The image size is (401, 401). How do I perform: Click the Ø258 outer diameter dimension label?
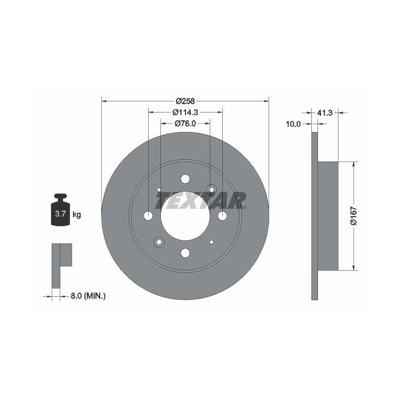[x=185, y=101]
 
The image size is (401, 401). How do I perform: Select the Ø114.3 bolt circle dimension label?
[x=185, y=113]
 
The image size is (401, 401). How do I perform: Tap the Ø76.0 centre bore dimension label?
[x=185, y=124]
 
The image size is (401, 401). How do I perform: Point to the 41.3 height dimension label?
[x=325, y=113]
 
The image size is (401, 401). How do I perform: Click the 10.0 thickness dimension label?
[x=293, y=124]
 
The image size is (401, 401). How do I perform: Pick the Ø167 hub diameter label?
[x=354, y=216]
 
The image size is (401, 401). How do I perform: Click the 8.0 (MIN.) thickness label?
[x=88, y=296]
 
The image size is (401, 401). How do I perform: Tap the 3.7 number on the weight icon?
[x=61, y=213]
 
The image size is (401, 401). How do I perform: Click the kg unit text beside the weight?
[x=77, y=214]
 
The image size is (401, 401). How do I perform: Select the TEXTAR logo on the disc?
[x=201, y=200]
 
